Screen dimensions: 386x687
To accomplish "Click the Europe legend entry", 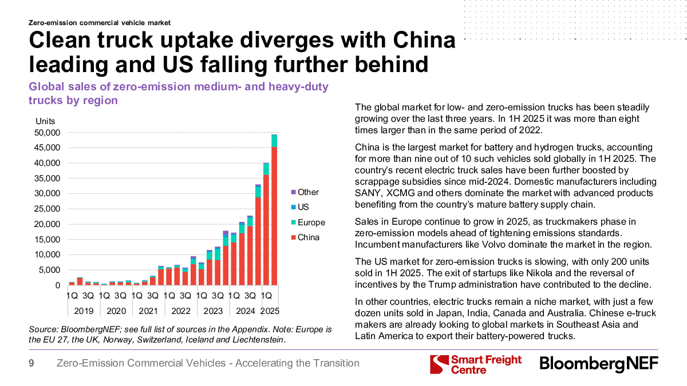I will pyautogui.click(x=311, y=222).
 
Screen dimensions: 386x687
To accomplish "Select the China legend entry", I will pyautogui.click(x=309, y=237).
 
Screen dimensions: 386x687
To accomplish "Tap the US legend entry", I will pyautogui.click(x=303, y=208).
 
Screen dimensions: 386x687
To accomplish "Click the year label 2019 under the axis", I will pyautogui.click(x=84, y=311).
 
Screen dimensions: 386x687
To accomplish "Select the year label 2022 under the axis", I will pyautogui.click(x=181, y=311).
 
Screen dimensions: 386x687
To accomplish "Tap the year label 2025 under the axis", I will pyautogui.click(x=270, y=311).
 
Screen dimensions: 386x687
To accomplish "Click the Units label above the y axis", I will pyautogui.click(x=45, y=121).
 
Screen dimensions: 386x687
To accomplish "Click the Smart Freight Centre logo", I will pyautogui.click(x=476, y=364).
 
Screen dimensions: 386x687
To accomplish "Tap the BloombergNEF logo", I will pyautogui.click(x=599, y=364).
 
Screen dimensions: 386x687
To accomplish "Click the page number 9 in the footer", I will pyautogui.click(x=31, y=363).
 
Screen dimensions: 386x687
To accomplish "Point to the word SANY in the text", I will pyautogui.click(x=368, y=193).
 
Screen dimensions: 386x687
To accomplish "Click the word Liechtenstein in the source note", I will pyautogui.click(x=257, y=340).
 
